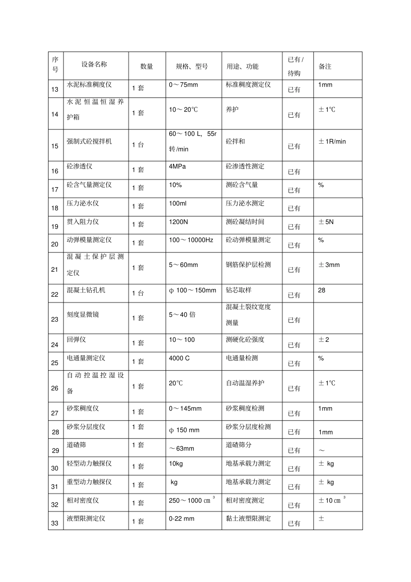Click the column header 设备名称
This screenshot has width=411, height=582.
[94, 64]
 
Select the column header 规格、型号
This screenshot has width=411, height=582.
[192, 66]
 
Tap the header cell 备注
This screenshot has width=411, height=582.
[325, 66]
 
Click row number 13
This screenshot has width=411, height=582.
[55, 89]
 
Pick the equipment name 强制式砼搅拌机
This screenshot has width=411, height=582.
[89, 141]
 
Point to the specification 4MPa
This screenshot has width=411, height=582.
[177, 166]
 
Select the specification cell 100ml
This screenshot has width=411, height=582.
[178, 203]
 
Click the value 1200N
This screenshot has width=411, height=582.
[178, 222]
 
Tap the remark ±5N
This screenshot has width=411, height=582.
[326, 222]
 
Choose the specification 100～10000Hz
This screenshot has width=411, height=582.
[191, 240]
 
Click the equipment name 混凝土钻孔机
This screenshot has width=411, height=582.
[86, 290]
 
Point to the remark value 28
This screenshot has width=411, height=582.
[321, 290]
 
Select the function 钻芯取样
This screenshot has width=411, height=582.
[238, 290]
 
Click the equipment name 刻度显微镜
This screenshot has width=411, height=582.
[83, 315]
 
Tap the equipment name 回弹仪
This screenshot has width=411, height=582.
[76, 340]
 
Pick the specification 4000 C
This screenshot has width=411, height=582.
[179, 358]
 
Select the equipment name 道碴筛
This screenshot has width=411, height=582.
[76, 445]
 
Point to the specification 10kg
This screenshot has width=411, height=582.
[176, 463]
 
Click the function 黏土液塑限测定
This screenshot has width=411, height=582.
[248, 518]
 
